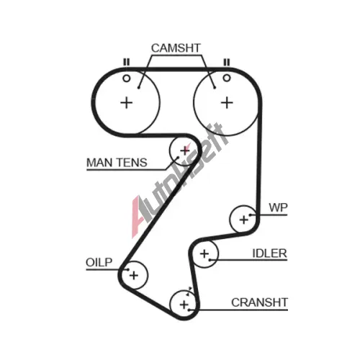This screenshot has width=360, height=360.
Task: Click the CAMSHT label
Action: tap(176, 48)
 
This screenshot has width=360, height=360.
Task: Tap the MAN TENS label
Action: tap(117, 163)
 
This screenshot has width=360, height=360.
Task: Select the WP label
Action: tap(278, 207)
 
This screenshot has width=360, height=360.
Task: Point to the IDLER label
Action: tap(269, 253)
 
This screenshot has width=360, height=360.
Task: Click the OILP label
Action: tap(99, 262)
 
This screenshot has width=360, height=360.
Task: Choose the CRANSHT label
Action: tap(259, 302)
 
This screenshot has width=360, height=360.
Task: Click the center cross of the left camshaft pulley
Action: tap(127, 103)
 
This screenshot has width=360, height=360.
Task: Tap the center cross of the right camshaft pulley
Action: tap(227, 103)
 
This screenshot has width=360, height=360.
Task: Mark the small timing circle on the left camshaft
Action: tap(127, 78)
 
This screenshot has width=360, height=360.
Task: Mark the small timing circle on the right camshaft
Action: tap(227, 78)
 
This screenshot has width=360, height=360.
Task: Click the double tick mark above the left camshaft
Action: tap(126, 62)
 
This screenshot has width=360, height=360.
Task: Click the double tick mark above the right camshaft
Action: tap(227, 62)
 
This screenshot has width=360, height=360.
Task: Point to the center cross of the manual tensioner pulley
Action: tap(185, 150)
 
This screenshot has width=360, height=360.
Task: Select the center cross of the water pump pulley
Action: tap(244, 220)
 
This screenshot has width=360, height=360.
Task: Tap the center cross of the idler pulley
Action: tap(204, 253)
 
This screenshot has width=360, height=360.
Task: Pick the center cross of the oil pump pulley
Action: tap(134, 275)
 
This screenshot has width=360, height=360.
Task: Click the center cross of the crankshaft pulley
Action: tap(184, 305)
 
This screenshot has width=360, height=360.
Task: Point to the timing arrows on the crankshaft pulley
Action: tap(189, 291)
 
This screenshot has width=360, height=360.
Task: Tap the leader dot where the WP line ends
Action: tap(250, 215)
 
